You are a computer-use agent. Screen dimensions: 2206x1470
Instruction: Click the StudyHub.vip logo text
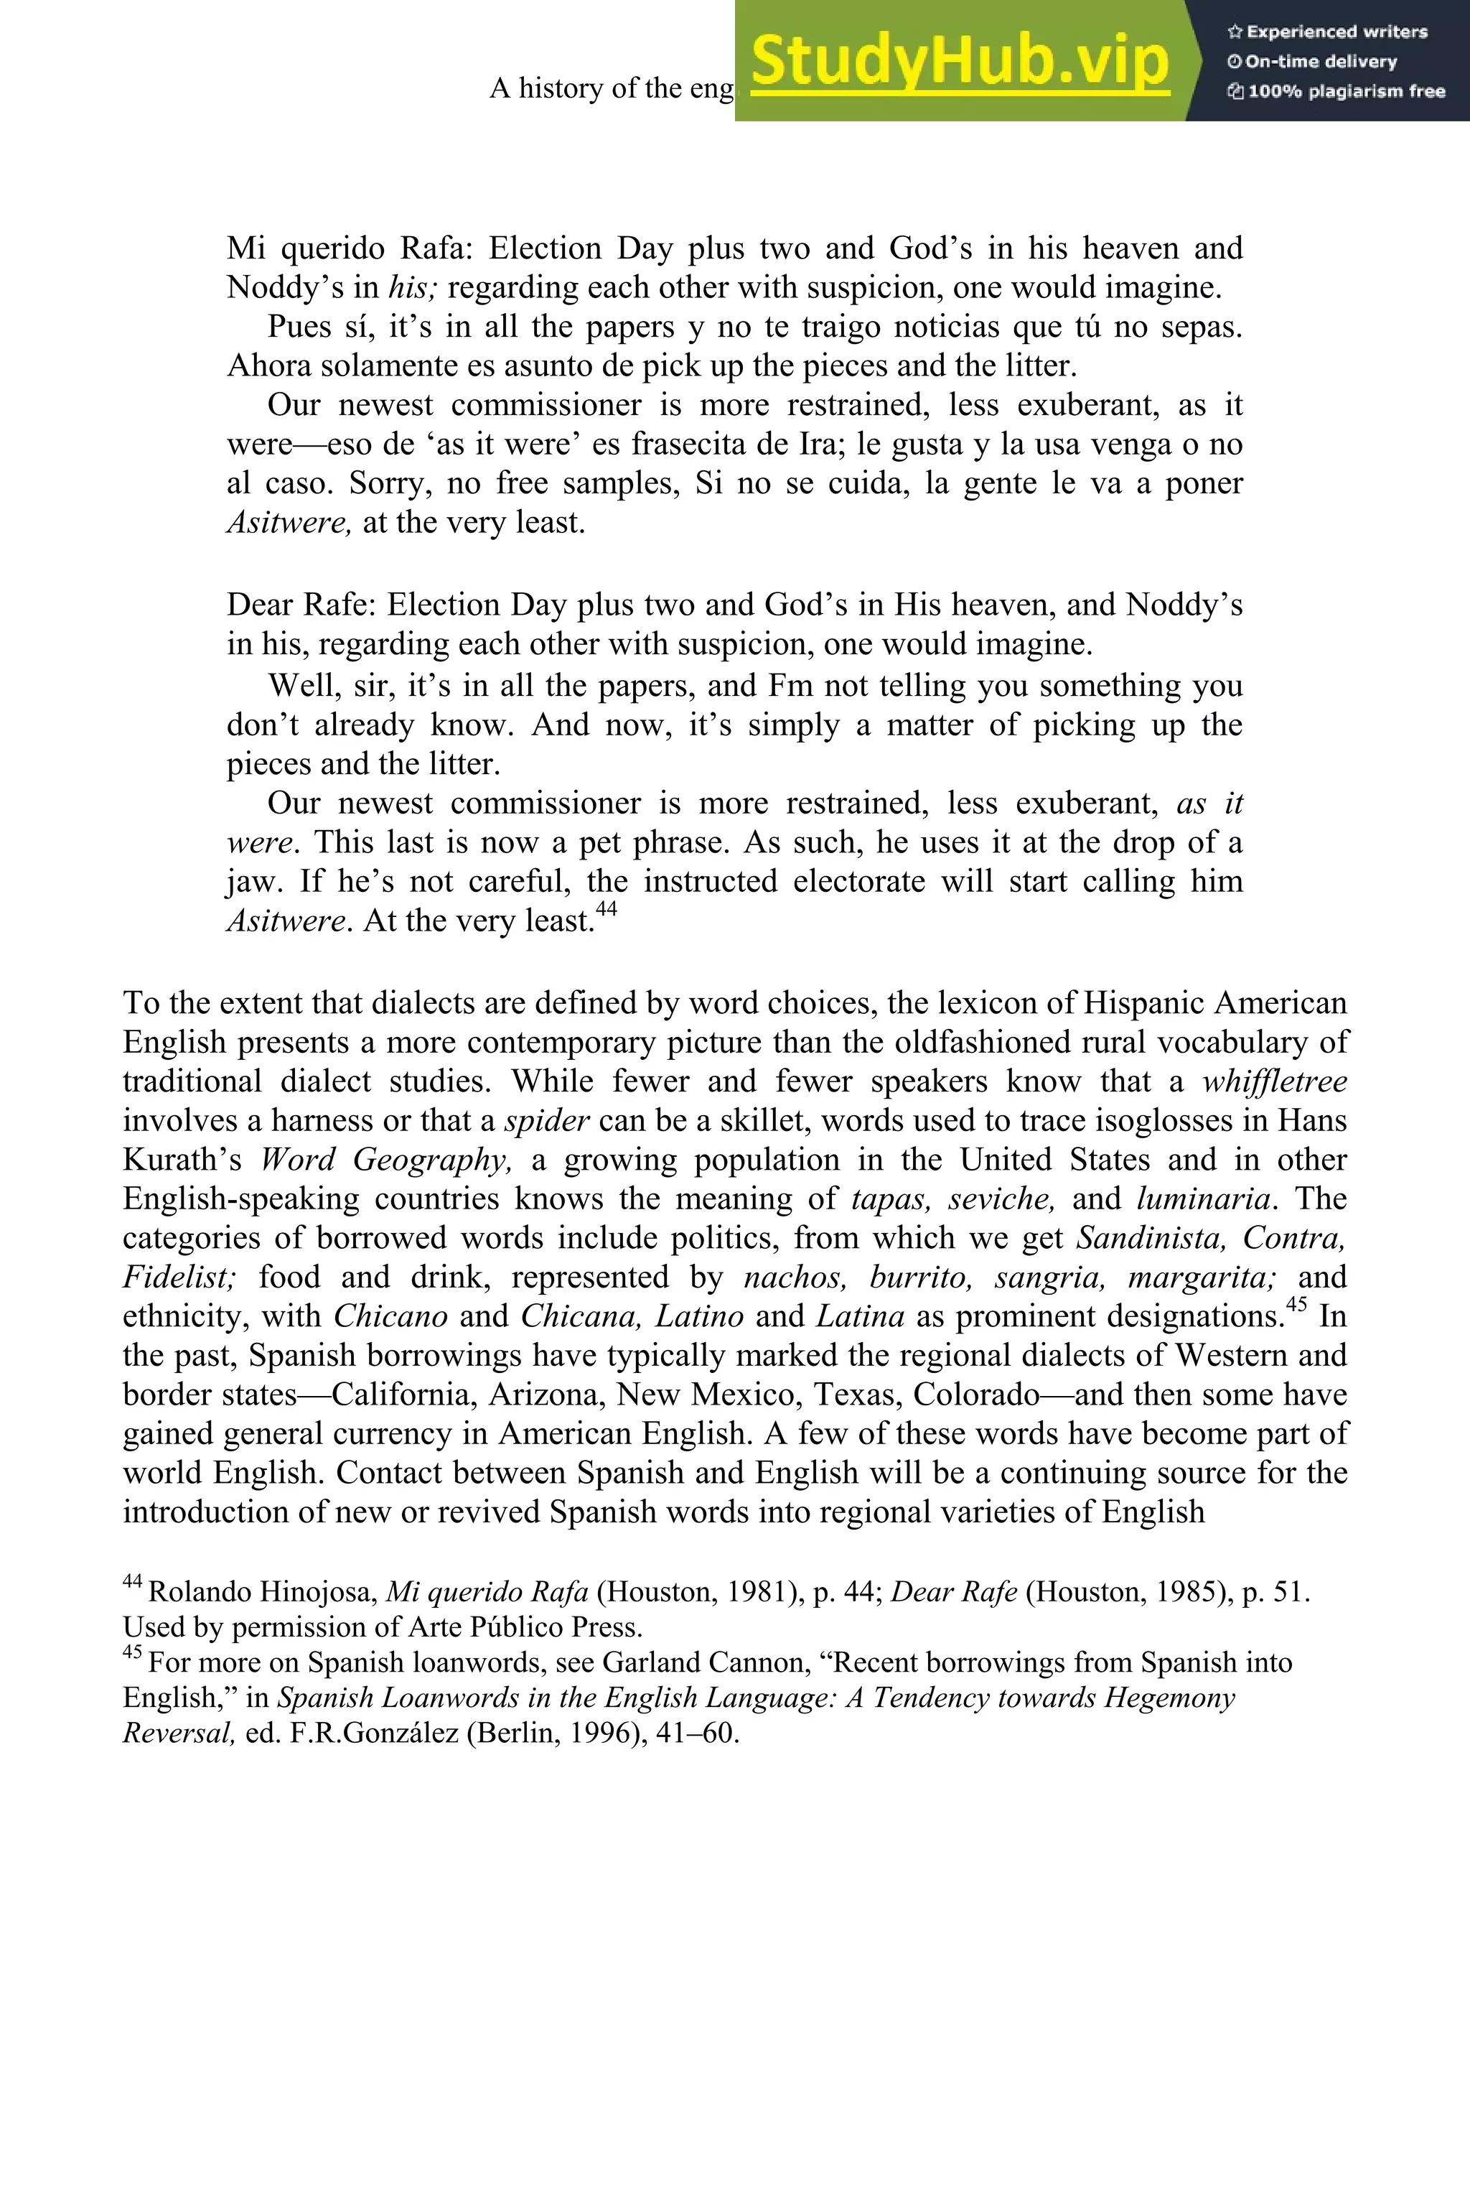(x=960, y=61)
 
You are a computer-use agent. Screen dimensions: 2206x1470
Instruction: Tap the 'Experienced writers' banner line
(x=1326, y=32)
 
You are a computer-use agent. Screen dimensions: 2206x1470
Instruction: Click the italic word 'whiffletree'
(x=1274, y=1081)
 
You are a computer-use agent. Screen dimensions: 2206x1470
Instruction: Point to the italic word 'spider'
(x=546, y=1121)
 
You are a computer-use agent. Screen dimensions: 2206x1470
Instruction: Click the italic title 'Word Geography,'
(x=385, y=1160)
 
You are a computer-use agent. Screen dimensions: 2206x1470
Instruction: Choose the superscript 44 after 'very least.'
(x=607, y=908)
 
